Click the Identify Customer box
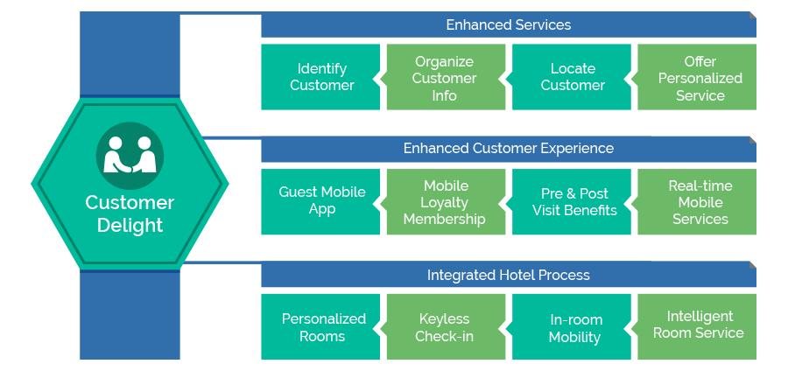tap(320, 77)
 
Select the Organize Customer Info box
tap(446, 77)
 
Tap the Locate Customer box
tap(572, 77)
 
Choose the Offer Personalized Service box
tap(697, 77)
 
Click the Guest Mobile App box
tap(320, 202)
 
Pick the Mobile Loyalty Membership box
tap(446, 202)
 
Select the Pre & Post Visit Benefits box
tap(572, 202)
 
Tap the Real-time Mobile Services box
tap(697, 202)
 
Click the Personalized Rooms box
tap(320, 327)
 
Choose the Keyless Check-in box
tap(446, 327)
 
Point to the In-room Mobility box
tap(572, 327)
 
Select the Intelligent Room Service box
tap(697, 327)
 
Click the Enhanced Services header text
tap(509, 24)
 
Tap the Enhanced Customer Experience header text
tap(509, 149)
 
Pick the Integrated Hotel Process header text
tap(509, 275)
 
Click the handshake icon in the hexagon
tap(130, 156)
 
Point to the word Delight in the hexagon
tap(130, 225)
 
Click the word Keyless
tap(444, 318)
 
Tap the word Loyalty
tap(444, 202)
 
